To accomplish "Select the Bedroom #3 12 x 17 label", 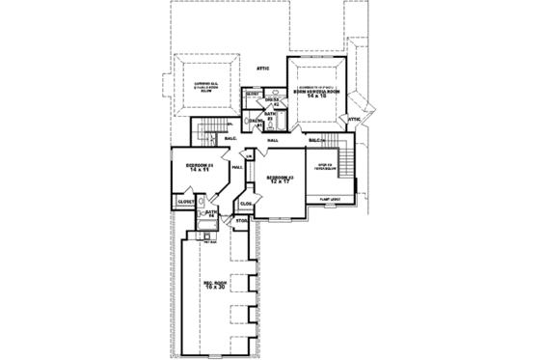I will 279,180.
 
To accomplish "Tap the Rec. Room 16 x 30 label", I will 215,286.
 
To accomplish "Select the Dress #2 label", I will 272,100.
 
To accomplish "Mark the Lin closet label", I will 248,156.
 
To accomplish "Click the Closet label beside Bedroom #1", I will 184,202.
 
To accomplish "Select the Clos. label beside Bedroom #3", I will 246,204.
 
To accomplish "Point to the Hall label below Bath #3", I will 273,141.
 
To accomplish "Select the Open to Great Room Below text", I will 211,86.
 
